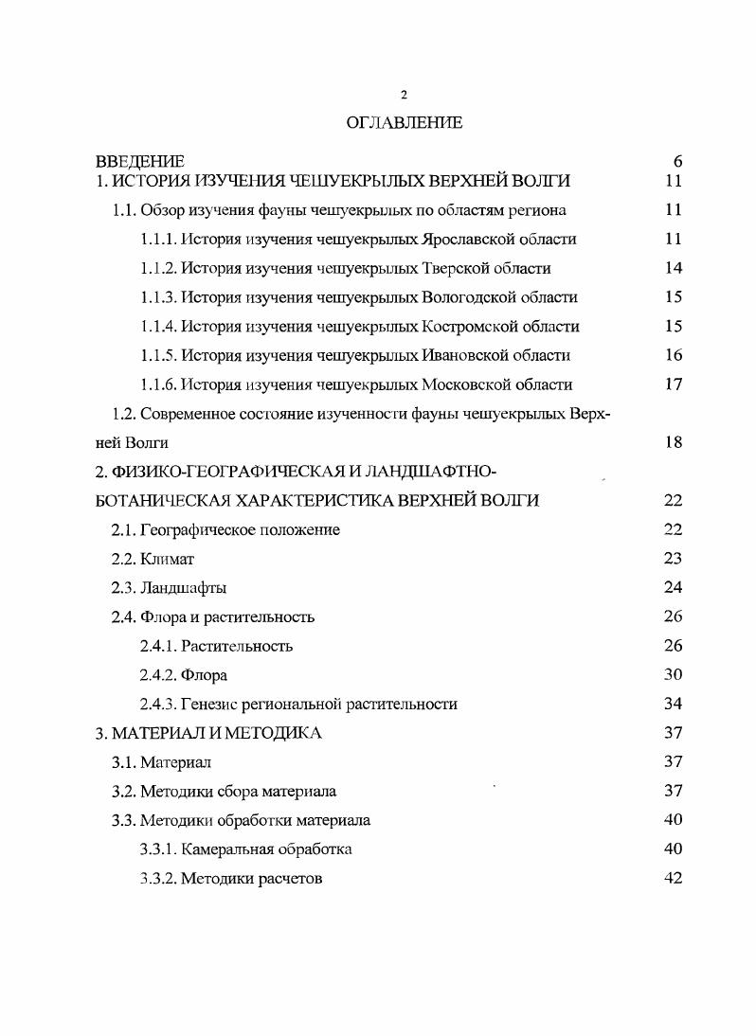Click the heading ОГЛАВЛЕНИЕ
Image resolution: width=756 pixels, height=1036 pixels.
coord(404,122)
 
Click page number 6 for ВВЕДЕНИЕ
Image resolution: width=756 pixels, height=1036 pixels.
coord(677,162)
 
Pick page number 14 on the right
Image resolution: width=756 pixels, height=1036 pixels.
coord(674,269)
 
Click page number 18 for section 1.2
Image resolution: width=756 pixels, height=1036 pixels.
coord(674,443)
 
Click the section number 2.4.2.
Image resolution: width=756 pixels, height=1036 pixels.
coord(157,676)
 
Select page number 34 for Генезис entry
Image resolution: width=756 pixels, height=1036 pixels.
coord(674,705)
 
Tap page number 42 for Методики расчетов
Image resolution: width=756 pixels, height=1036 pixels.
coord(674,879)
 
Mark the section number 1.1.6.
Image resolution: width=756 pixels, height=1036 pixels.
coord(157,385)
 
